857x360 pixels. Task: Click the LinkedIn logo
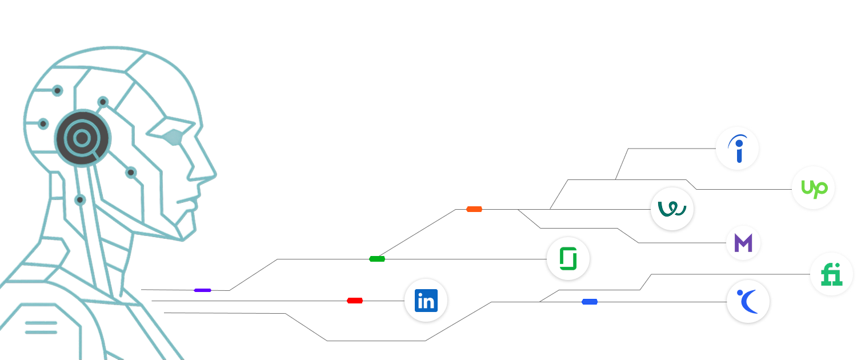click(x=426, y=301)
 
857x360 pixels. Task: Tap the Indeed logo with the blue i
click(x=738, y=149)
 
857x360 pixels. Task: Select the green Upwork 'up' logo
click(x=814, y=188)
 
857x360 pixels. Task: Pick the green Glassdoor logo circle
click(x=568, y=259)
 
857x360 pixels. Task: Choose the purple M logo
click(x=743, y=243)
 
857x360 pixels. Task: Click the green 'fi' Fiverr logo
click(x=832, y=275)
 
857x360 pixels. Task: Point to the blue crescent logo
click(x=748, y=302)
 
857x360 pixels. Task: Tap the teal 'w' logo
click(x=672, y=209)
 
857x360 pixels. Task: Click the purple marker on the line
click(x=202, y=290)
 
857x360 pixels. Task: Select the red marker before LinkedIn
click(x=355, y=301)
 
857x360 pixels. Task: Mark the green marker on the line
click(x=377, y=259)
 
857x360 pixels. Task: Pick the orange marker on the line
click(x=474, y=209)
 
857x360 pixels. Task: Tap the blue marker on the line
click(x=590, y=302)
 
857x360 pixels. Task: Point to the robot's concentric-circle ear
click(x=82, y=138)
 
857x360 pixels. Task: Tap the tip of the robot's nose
click(x=215, y=174)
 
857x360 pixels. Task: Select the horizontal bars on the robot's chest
click(x=41, y=327)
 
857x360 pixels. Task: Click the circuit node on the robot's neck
click(x=79, y=199)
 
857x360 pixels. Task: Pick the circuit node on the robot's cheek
click(x=131, y=172)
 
